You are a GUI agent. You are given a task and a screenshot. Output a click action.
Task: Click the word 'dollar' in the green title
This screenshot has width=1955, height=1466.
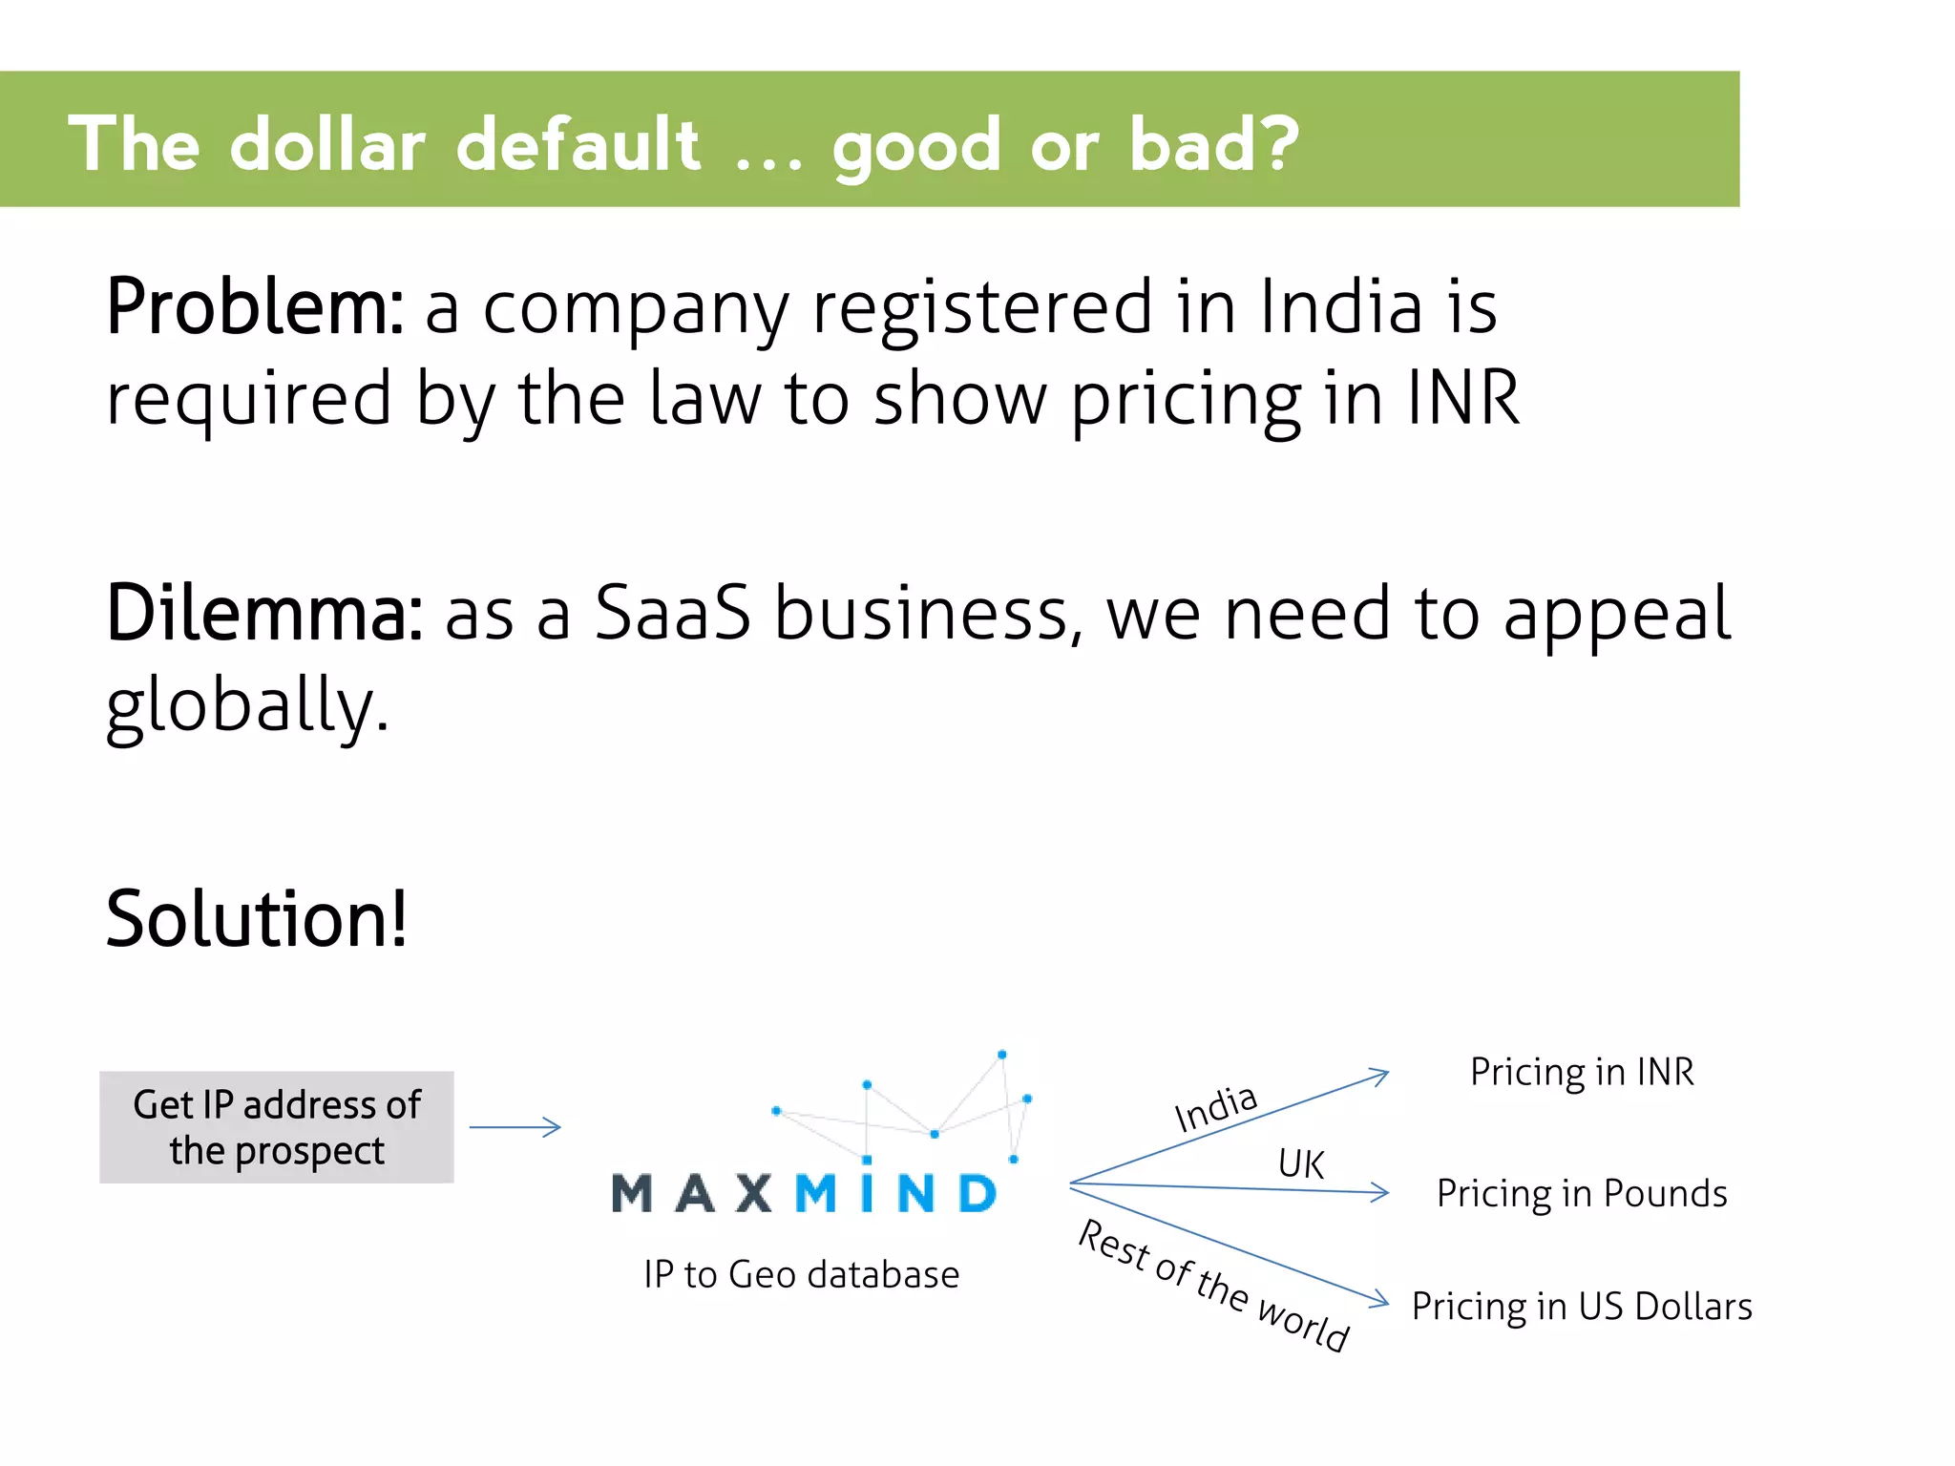pos(327,145)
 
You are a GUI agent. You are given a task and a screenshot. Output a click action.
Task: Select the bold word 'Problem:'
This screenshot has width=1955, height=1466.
pos(255,307)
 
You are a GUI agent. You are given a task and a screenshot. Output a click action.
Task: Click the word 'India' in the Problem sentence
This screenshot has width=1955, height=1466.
pos(1341,307)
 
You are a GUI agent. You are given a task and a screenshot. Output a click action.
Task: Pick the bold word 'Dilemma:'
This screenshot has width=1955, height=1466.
pos(264,614)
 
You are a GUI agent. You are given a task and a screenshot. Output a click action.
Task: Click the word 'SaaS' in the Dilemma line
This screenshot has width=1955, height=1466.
pos(672,614)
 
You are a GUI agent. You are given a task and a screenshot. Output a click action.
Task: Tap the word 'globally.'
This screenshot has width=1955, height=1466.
pos(247,706)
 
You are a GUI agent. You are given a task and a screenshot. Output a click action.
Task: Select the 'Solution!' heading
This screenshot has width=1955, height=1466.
pos(257,919)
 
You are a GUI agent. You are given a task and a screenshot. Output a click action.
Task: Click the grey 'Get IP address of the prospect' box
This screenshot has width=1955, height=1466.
pos(277,1127)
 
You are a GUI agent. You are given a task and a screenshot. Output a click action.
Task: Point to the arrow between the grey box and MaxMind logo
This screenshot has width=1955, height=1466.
pos(515,1127)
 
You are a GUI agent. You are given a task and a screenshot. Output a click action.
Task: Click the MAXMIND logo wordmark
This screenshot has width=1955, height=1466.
pos(804,1193)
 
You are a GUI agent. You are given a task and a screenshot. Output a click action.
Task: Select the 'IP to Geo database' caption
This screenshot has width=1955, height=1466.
pos(802,1275)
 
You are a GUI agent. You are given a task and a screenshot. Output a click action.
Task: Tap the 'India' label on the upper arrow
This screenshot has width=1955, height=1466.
pos(1215,1109)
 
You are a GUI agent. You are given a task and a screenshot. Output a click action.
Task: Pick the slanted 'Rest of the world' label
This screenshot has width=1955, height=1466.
pos(1213,1285)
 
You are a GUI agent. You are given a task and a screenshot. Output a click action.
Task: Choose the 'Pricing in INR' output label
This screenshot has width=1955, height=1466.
pos(1582,1073)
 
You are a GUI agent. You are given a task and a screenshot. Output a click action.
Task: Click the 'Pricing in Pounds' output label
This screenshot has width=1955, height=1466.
pos(1582,1194)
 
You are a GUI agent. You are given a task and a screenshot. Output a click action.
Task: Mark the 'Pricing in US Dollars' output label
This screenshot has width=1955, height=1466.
pos(1582,1307)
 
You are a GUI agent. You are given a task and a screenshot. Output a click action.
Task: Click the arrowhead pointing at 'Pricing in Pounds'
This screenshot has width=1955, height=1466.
pos(1380,1192)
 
